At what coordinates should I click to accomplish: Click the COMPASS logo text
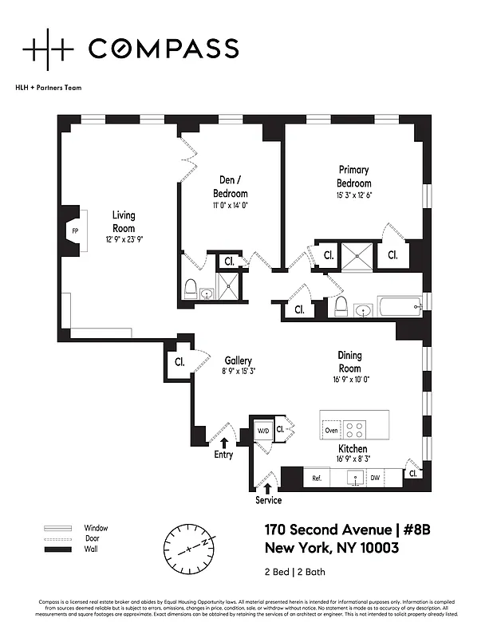pos(163,49)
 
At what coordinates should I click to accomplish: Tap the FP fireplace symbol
pos(76,231)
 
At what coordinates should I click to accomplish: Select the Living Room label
pos(123,221)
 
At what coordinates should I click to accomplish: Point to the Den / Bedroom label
pos(230,187)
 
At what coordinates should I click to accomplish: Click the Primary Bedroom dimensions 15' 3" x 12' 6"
pos(355,195)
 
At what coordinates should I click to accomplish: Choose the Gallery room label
pos(238,360)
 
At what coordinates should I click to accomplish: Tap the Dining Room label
pos(349,363)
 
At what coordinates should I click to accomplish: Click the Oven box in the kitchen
pos(332,431)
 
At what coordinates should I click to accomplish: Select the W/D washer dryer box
pos(262,431)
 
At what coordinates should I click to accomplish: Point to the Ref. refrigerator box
pos(316,478)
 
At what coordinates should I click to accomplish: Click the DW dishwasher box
pos(374,478)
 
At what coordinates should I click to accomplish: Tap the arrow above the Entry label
pos(224,441)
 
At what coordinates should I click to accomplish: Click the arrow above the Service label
pos(267,486)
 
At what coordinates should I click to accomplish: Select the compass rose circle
pos(189,547)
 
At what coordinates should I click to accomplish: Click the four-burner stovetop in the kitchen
pos(356,431)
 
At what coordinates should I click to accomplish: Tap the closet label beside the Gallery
pos(179,361)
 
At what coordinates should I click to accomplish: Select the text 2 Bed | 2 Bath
pos(294,572)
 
